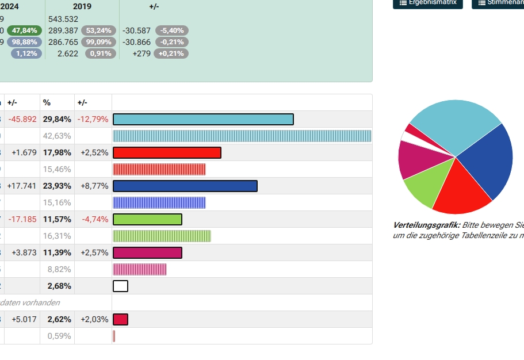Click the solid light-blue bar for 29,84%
click(203, 119)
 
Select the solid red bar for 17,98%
click(167, 152)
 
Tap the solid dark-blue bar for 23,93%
click(185, 186)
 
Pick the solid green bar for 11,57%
click(147, 219)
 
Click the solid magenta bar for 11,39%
click(147, 252)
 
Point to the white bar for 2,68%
click(120, 286)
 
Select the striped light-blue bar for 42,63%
click(242, 136)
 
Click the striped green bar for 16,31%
click(162, 236)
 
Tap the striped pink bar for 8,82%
click(140, 269)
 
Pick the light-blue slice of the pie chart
click(454, 121)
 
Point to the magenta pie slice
click(412, 159)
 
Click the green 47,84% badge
click(24, 30)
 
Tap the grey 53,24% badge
click(98, 30)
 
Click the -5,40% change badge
click(171, 30)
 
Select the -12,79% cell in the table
click(93, 119)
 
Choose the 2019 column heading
click(82, 6)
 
